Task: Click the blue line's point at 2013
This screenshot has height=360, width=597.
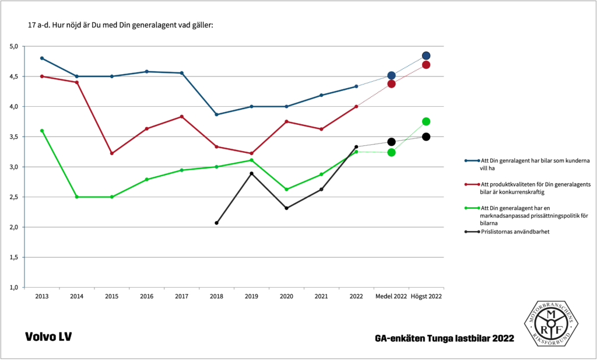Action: (x=42, y=58)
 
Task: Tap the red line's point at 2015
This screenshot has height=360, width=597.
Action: (x=112, y=153)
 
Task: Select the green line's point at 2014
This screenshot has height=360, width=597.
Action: (x=77, y=197)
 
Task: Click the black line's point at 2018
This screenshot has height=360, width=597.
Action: (x=216, y=223)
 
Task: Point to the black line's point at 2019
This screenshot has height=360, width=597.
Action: (x=251, y=173)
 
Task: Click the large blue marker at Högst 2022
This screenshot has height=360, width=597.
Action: (x=426, y=56)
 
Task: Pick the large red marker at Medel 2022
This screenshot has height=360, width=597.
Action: (x=391, y=83)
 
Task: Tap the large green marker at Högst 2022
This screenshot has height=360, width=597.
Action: (x=426, y=121)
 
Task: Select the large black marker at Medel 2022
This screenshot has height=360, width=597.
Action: (x=391, y=142)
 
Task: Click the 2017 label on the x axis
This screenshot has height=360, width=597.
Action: (x=181, y=296)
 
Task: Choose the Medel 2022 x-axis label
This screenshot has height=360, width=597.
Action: (x=391, y=296)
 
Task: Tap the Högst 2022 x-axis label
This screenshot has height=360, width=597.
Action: (x=426, y=296)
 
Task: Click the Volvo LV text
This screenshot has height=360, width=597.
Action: (x=48, y=337)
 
